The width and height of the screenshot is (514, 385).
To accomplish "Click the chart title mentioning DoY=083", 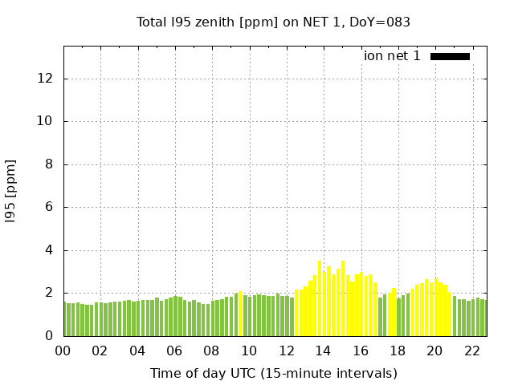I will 273,22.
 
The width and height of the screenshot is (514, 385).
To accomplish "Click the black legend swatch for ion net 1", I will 450,56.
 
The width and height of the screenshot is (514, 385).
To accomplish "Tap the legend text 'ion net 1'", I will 392,56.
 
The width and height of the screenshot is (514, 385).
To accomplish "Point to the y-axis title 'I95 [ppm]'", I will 11,191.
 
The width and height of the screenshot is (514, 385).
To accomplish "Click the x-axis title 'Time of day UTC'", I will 273,373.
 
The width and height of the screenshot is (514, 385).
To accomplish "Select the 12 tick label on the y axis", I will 47,79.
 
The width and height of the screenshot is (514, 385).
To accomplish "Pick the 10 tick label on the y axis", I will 47,121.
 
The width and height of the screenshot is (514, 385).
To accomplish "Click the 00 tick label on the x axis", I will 63,351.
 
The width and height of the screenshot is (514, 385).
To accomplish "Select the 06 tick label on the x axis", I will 174,351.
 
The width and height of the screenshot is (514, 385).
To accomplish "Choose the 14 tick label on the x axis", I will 323,351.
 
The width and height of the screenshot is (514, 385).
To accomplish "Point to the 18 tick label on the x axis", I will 397,351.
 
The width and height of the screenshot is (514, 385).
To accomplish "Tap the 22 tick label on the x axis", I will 471,351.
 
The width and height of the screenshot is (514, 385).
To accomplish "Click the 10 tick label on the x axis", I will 249,351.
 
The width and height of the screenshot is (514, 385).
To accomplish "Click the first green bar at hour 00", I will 67,319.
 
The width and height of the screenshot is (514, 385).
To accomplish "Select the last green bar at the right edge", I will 483,318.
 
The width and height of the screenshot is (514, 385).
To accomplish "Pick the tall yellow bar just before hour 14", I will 320,298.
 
